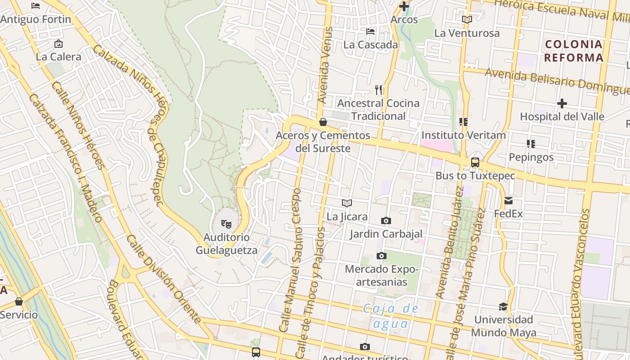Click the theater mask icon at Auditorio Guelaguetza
point(226,223)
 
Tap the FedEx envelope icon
point(508,201)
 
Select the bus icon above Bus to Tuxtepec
point(475,162)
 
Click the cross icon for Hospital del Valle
point(562,103)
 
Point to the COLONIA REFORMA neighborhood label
point(573,51)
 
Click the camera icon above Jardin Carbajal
point(386,220)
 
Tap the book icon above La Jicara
point(346,203)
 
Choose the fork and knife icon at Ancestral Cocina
point(378,90)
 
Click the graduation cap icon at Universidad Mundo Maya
point(503,306)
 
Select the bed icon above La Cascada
point(370,31)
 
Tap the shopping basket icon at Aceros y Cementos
point(323,122)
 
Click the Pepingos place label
point(531,157)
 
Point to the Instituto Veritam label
point(463,135)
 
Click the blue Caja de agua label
point(391,316)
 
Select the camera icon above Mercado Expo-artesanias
point(382,256)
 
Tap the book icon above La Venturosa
point(467,19)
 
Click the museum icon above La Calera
point(58,44)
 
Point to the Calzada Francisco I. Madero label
point(66,157)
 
